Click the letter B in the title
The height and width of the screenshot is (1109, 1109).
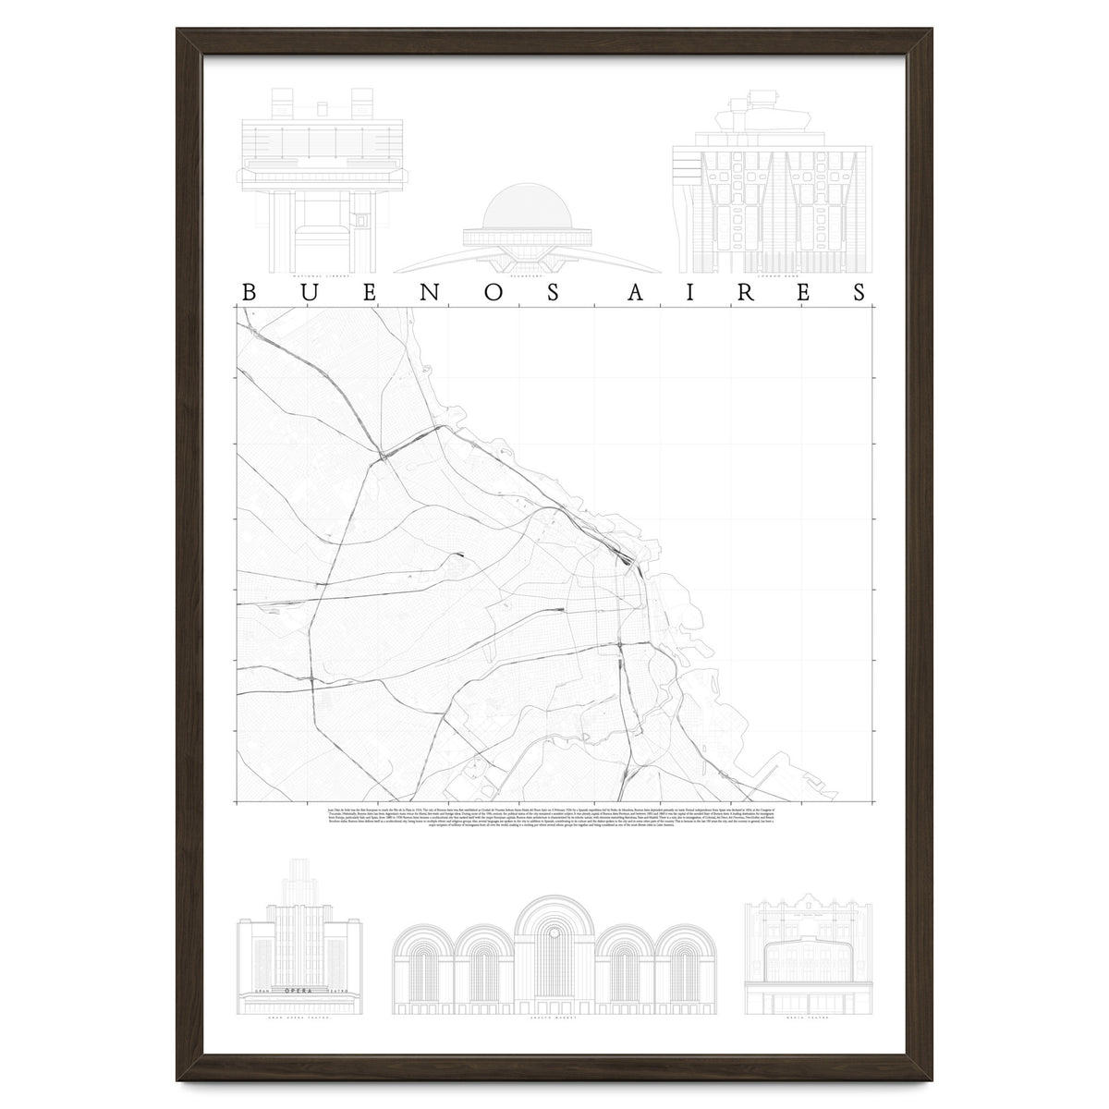coord(247,292)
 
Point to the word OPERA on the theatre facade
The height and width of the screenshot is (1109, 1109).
coord(299,991)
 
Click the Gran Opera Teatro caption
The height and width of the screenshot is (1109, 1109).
coord(299,1018)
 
